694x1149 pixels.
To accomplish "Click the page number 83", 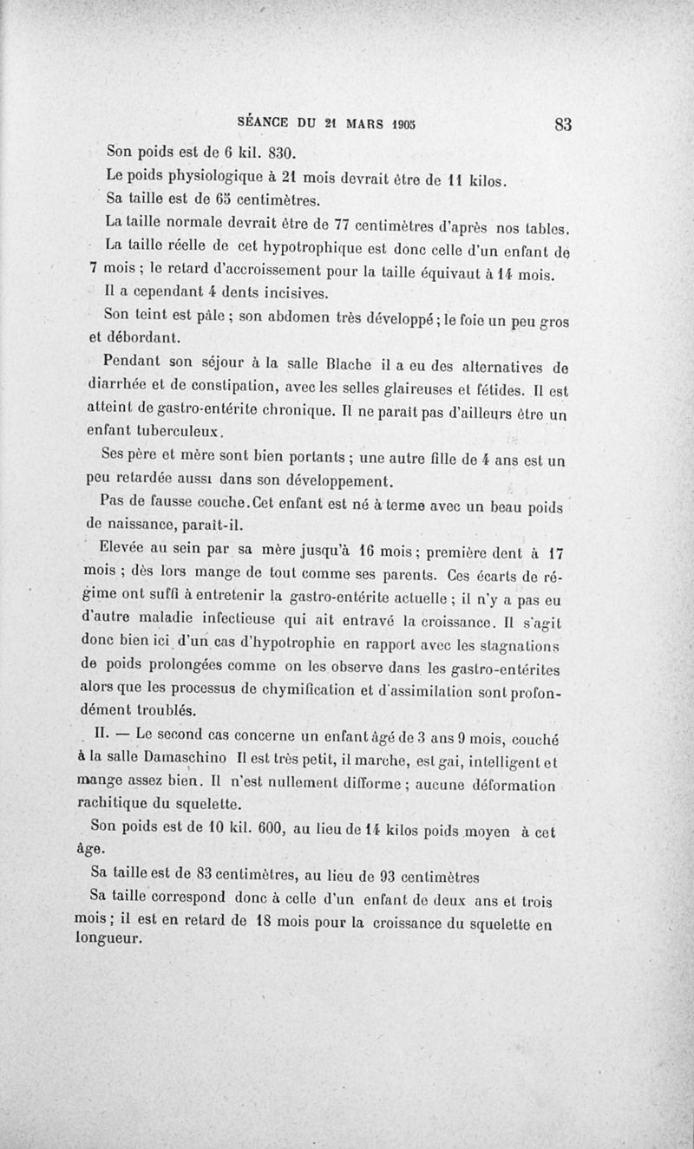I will pos(561,123).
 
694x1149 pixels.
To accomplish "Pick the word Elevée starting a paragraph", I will pos(128,548).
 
